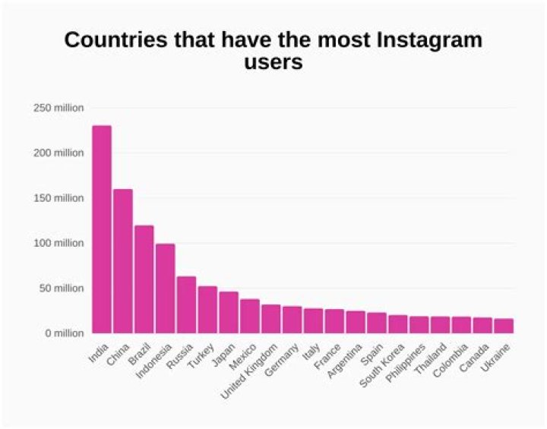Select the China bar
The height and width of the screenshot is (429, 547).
(x=123, y=261)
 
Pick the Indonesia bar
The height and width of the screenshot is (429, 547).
(x=166, y=289)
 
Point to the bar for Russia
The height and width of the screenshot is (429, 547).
(x=187, y=304)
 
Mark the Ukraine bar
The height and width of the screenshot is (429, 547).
(x=504, y=326)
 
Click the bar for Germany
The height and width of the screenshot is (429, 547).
(x=292, y=320)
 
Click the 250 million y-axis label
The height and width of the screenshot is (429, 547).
(x=58, y=108)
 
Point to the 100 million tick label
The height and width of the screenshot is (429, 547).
(x=58, y=243)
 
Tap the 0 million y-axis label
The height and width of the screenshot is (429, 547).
(x=63, y=333)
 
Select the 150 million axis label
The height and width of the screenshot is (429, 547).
(x=58, y=198)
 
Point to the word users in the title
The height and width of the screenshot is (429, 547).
(x=273, y=62)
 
